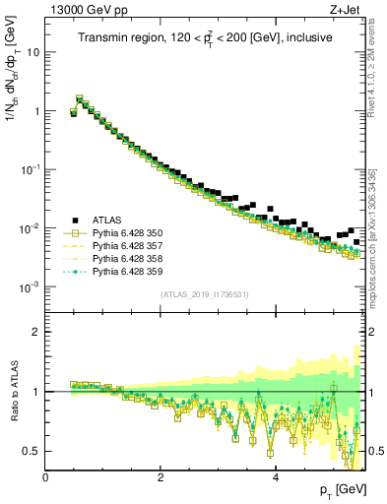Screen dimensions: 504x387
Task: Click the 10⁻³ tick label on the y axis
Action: pyautogui.click(x=31, y=287)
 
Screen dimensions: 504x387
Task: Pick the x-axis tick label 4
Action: pyautogui.click(x=276, y=476)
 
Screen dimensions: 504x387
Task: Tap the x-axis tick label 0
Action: pyautogui.click(x=45, y=476)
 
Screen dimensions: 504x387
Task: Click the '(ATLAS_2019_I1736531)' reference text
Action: pyautogui.click(x=205, y=295)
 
